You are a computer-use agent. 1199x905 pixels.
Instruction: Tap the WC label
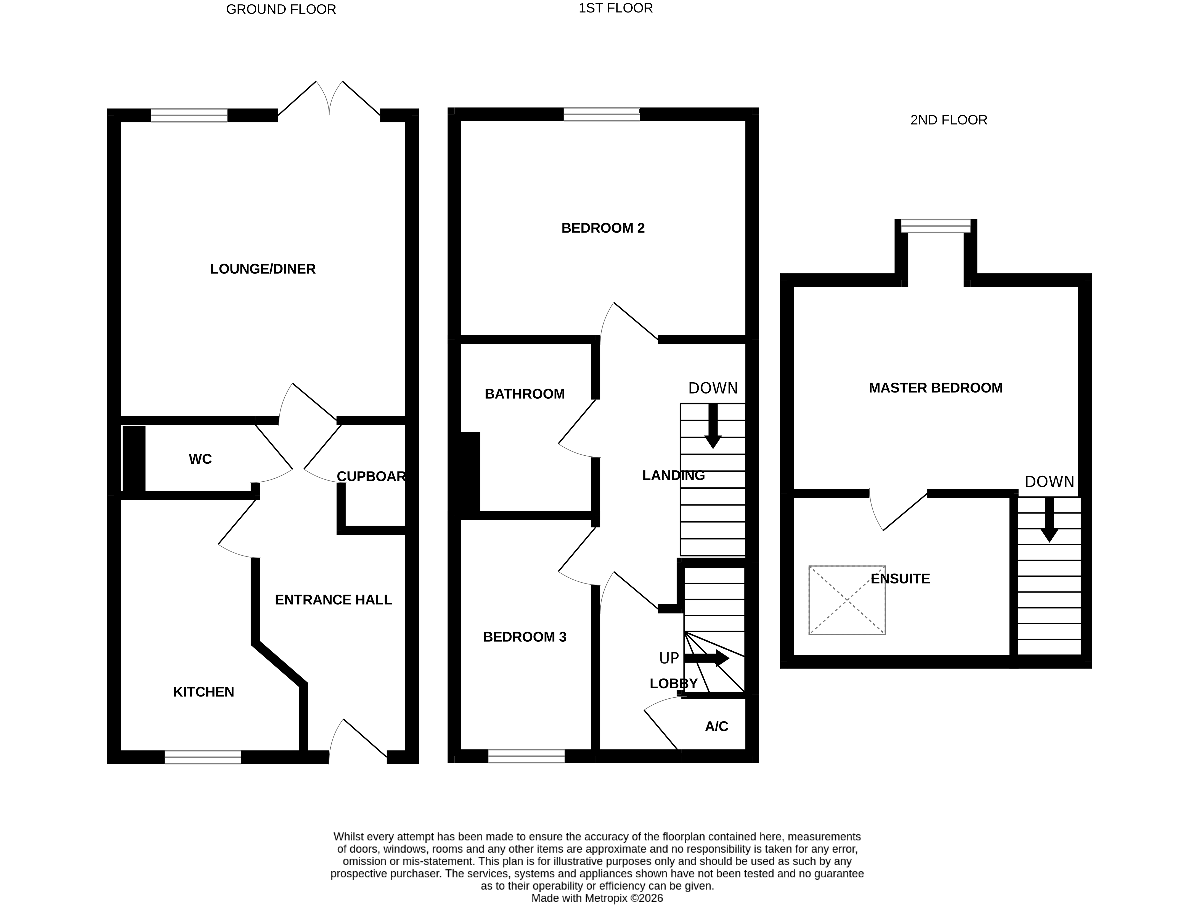[x=200, y=459]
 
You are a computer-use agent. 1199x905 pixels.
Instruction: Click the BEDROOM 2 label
[x=603, y=228]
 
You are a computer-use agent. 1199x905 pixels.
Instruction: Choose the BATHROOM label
[x=524, y=394]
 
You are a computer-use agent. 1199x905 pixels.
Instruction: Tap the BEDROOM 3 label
[x=524, y=637]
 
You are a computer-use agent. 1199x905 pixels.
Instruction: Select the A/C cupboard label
[x=716, y=726]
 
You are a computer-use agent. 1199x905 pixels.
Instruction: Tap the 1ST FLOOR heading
[x=615, y=8]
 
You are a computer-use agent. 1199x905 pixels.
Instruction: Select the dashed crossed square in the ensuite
[x=847, y=600]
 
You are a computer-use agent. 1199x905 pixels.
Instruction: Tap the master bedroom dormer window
[x=935, y=226]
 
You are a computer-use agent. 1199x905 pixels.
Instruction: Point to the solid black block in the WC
[x=134, y=458]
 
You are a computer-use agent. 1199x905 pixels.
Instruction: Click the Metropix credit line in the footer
[x=597, y=898]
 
